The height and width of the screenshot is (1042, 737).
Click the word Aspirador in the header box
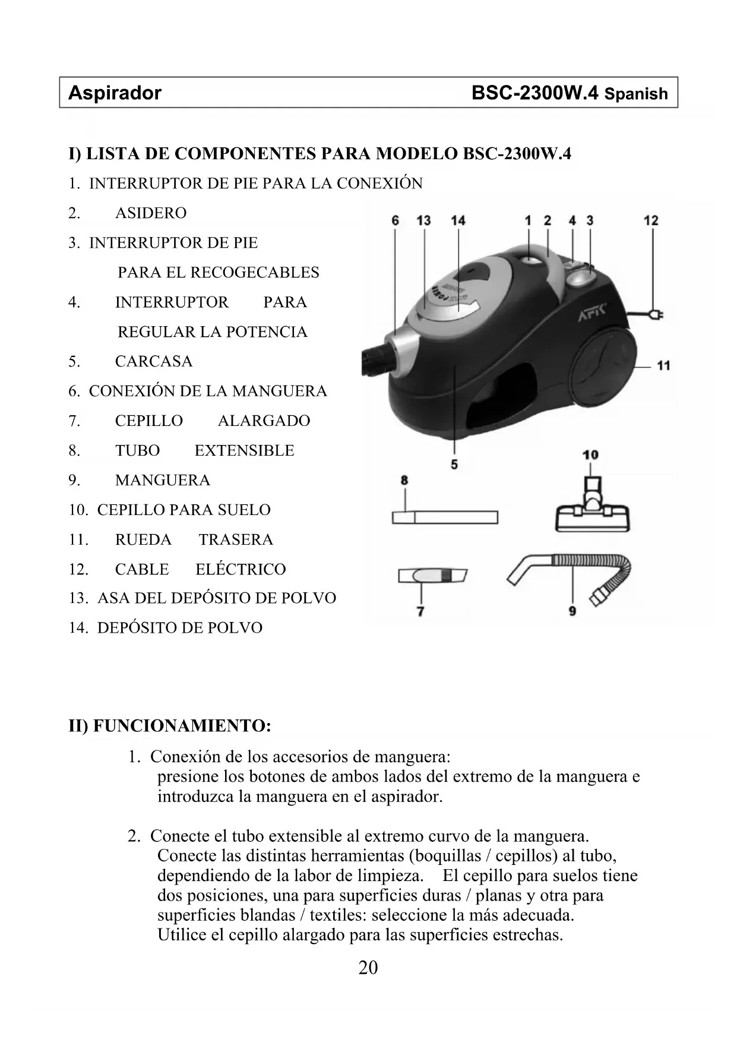pyautogui.click(x=115, y=93)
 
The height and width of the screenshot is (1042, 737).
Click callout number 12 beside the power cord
pyautogui.click(x=651, y=220)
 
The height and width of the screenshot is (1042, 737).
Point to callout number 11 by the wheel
pyautogui.click(x=664, y=365)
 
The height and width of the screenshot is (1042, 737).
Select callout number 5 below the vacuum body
pyautogui.click(x=454, y=464)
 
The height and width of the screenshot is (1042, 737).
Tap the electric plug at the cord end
pyautogui.click(x=656, y=315)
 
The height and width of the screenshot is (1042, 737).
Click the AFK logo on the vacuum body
pyautogui.click(x=592, y=313)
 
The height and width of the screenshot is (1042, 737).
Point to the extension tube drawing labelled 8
pyautogui.click(x=444, y=517)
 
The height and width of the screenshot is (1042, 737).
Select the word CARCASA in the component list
pyautogui.click(x=154, y=361)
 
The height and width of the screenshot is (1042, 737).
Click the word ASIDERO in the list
pyautogui.click(x=151, y=213)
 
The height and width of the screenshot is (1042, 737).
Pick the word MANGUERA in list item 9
pyautogui.click(x=163, y=480)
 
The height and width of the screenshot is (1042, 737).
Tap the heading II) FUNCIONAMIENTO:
pyautogui.click(x=170, y=726)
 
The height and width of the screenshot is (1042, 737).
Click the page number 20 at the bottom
pyautogui.click(x=368, y=968)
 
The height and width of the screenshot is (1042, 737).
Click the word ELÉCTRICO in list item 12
pyautogui.click(x=241, y=569)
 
